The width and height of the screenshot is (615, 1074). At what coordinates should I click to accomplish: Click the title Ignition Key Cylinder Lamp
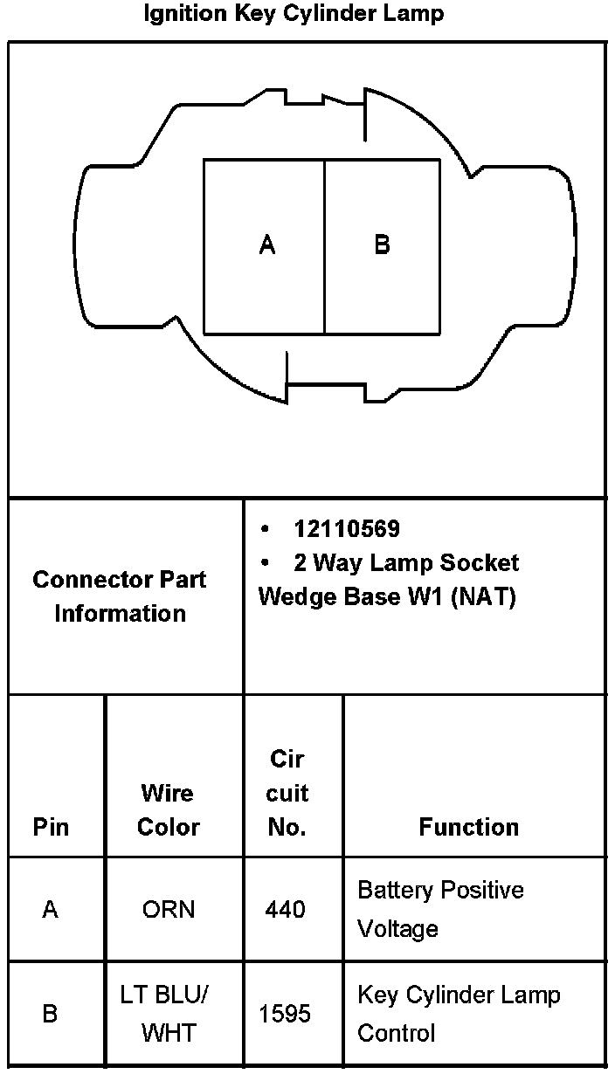pyautogui.click(x=294, y=14)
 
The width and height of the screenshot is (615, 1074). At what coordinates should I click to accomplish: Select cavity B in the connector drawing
pyautogui.click(x=382, y=245)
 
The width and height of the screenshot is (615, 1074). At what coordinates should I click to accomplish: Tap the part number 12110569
pyautogui.click(x=347, y=529)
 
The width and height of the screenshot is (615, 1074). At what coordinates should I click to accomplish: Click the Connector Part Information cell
pyautogui.click(x=120, y=596)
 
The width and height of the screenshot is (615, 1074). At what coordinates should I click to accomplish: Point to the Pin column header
pyautogui.click(x=51, y=827)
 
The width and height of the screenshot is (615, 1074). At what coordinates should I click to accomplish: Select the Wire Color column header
pyautogui.click(x=168, y=810)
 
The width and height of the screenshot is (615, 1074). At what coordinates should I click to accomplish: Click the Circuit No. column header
pyautogui.click(x=287, y=793)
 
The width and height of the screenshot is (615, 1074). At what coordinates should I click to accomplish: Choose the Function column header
pyautogui.click(x=468, y=827)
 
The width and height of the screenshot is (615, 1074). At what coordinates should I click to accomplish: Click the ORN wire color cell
pyautogui.click(x=168, y=910)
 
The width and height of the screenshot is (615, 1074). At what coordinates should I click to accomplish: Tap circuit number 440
pyautogui.click(x=286, y=910)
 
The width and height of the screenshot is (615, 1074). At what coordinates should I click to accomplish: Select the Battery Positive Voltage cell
pyautogui.click(x=440, y=909)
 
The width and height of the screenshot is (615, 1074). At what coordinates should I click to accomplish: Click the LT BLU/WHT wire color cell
pyautogui.click(x=168, y=1014)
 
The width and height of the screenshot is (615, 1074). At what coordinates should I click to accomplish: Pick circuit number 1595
pyautogui.click(x=285, y=1015)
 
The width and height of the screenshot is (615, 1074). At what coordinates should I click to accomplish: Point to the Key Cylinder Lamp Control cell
pyautogui.click(x=459, y=1014)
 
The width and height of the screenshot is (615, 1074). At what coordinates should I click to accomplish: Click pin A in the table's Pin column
pyautogui.click(x=50, y=910)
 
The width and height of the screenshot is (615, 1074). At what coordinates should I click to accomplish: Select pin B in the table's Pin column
pyautogui.click(x=50, y=1015)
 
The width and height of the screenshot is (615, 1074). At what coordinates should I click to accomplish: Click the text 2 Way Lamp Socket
pyautogui.click(x=406, y=562)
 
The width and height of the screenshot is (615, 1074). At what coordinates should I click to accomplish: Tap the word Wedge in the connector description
pyautogui.click(x=295, y=598)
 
